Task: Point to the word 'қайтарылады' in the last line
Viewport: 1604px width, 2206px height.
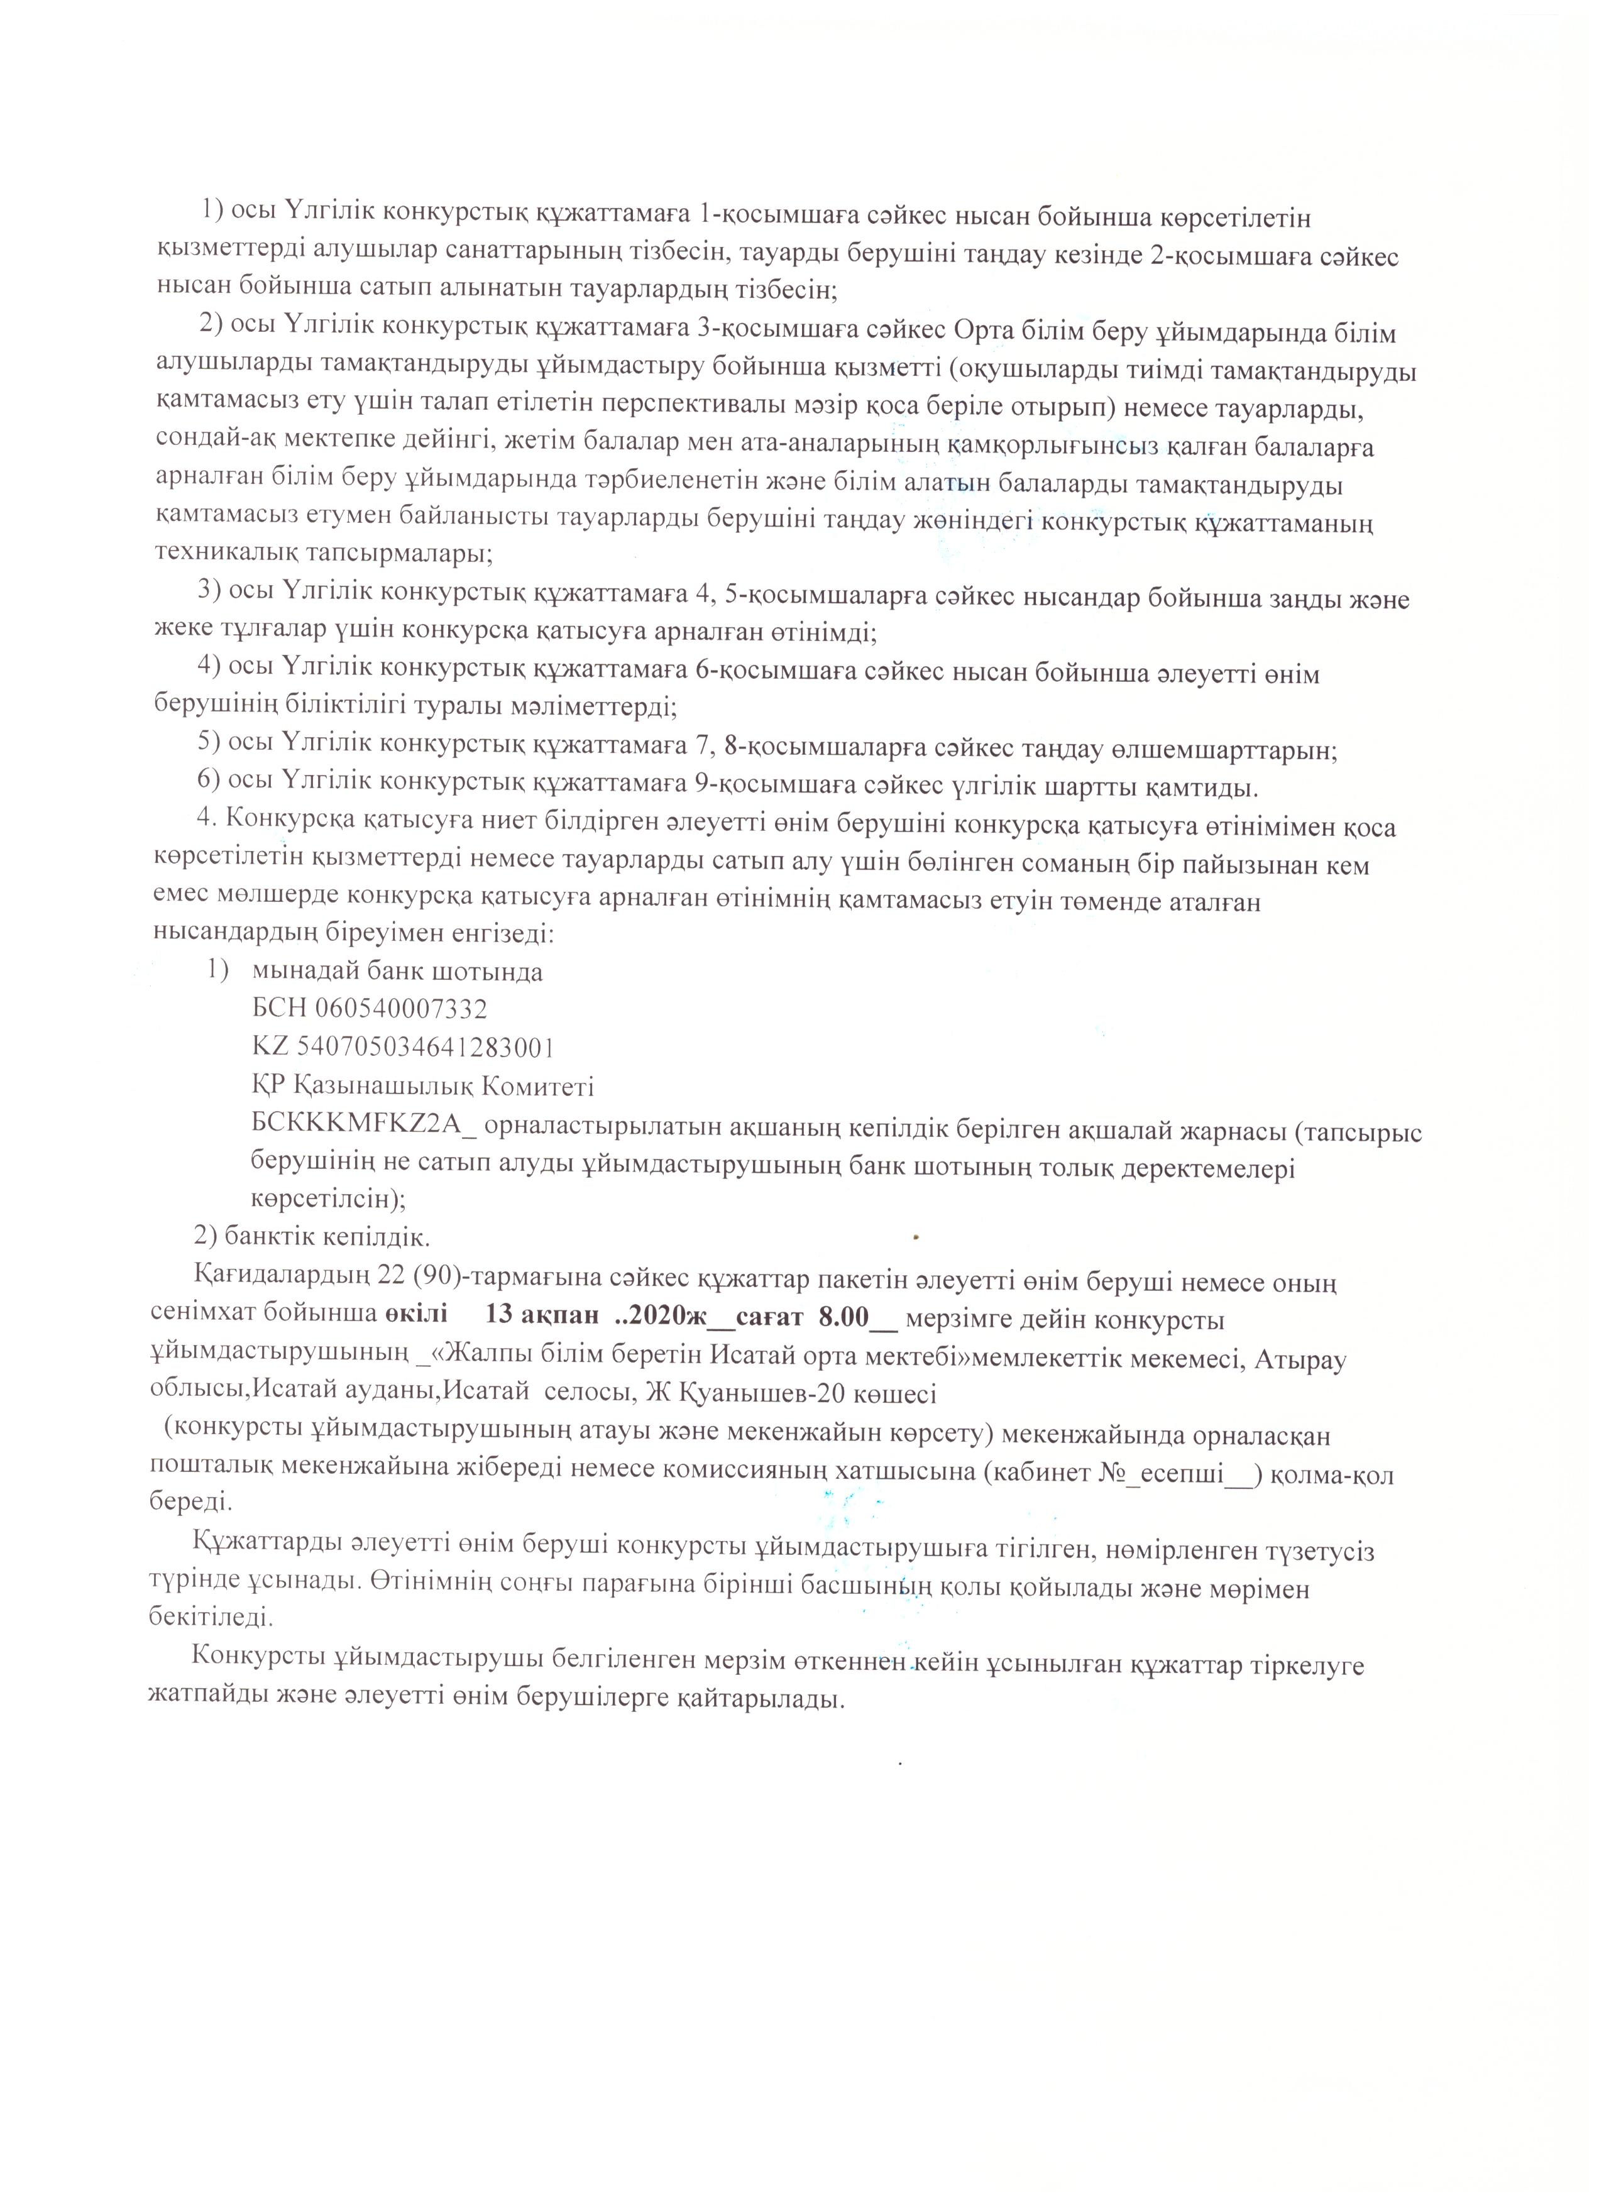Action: point(751,1699)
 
